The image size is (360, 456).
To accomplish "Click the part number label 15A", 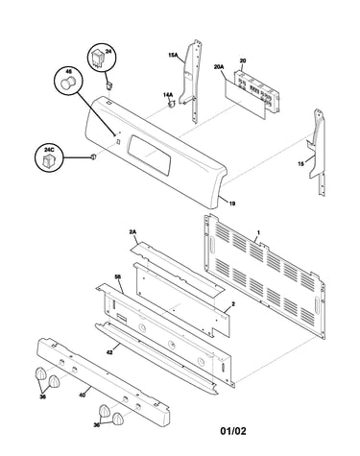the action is [173, 55].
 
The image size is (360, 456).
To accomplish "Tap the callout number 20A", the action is [219, 67].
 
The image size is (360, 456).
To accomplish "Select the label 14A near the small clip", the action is [168, 95].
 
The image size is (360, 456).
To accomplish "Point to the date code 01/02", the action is [233, 431].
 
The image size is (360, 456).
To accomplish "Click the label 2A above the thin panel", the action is [132, 232].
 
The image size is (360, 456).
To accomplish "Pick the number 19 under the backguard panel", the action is [232, 204].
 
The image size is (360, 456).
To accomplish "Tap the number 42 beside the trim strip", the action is [109, 352].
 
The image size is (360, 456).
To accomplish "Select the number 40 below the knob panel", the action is [82, 396].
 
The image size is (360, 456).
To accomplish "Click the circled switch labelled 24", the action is [102, 59].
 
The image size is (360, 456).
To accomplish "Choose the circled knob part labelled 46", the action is [68, 81].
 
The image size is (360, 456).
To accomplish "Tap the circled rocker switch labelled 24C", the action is [49, 158].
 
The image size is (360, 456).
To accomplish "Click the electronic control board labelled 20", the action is [256, 91].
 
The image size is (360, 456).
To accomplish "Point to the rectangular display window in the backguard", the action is [150, 155].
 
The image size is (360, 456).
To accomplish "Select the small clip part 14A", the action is [172, 104].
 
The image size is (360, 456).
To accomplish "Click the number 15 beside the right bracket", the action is [300, 163].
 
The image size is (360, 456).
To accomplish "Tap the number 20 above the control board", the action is [243, 60].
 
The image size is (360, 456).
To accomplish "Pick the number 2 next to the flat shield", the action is [233, 304].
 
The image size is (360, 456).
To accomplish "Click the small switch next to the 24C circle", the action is [93, 156].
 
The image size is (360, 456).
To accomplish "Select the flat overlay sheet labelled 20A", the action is [245, 99].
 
